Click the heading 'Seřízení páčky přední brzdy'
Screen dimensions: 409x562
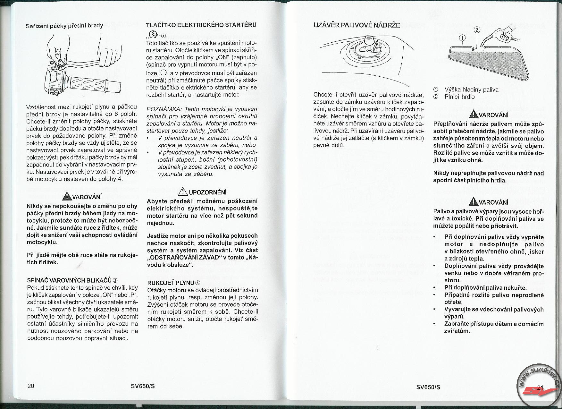(64, 26)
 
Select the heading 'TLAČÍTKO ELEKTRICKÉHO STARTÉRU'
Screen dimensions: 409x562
(201, 25)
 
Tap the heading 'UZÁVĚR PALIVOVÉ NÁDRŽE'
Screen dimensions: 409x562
(356, 25)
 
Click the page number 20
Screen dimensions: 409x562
(31, 386)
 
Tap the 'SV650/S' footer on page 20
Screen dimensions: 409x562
(143, 386)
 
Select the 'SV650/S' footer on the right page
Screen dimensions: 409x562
(428, 387)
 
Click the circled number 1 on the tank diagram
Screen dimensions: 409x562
(462, 38)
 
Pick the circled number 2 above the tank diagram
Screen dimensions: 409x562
(477, 30)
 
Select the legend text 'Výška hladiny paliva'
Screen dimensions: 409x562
(471, 89)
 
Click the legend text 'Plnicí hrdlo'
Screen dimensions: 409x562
(459, 97)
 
